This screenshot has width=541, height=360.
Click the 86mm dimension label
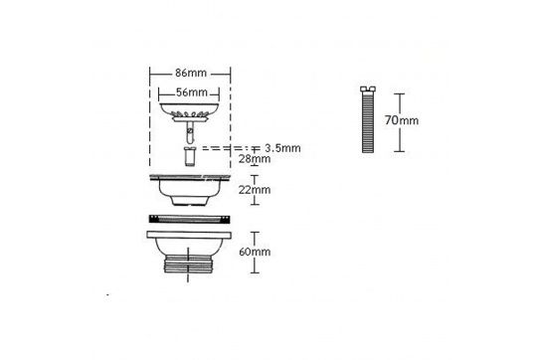click(191, 74)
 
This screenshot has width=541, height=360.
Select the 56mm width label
click(192, 92)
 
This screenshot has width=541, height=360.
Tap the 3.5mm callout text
click(282, 148)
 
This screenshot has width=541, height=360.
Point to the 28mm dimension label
click(255, 159)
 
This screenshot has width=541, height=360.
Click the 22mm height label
click(255, 190)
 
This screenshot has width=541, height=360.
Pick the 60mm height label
click(255, 252)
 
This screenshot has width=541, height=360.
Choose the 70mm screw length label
click(402, 120)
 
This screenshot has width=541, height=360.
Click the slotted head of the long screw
click(368, 90)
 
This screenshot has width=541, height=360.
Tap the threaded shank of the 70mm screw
click(368, 122)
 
